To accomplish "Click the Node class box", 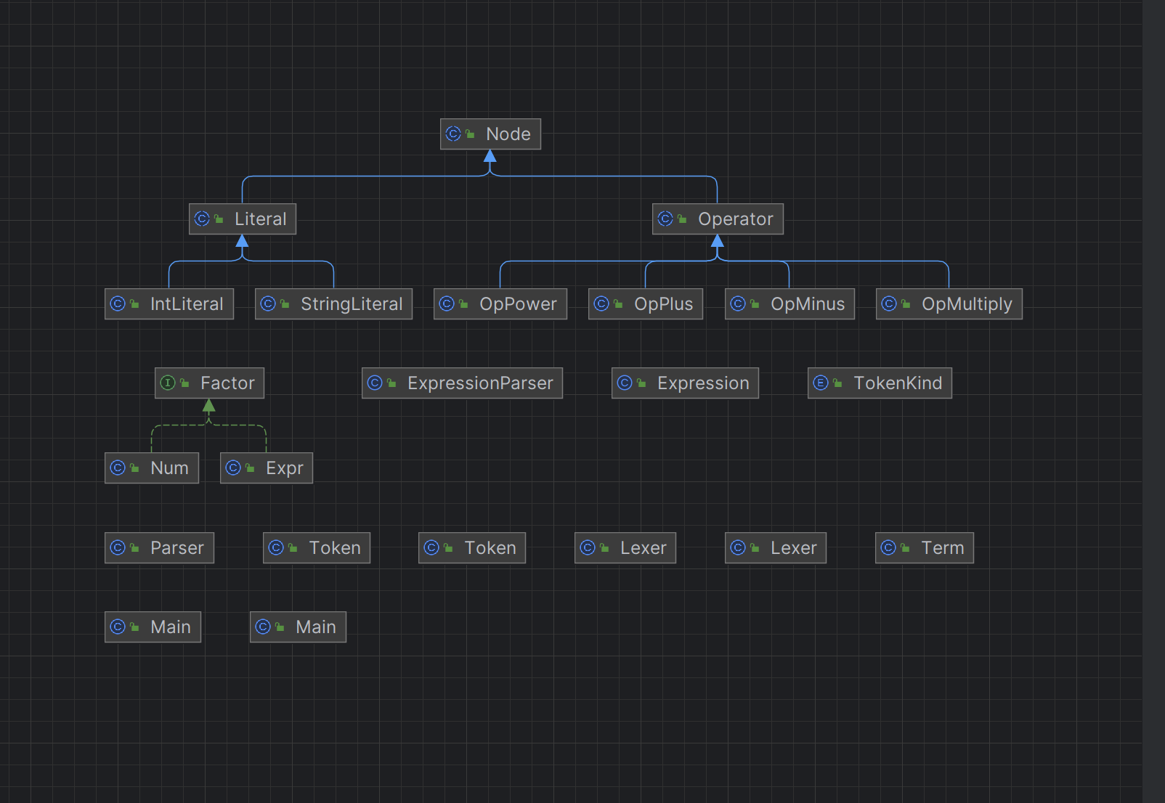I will tap(490, 134).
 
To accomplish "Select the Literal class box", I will tap(243, 219).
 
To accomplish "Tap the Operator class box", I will tap(718, 219).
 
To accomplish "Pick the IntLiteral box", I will tap(169, 304).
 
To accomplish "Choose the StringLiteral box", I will tap(333, 304).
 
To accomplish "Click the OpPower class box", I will tap(500, 304).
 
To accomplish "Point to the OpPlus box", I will tap(646, 304).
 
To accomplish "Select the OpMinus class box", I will tap(789, 304).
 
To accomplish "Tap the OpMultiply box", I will tap(949, 304).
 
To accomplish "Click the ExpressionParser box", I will tap(462, 383).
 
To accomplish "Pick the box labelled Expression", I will tap(685, 383).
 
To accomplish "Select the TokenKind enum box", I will tap(880, 383).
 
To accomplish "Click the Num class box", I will tap(152, 468).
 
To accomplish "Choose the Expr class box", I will tap(267, 468).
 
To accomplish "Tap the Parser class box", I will tap(159, 548).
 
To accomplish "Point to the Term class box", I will tap(924, 548).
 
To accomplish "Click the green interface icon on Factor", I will tap(168, 383).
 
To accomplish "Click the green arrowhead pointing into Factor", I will tap(209, 406).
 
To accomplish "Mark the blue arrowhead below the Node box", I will tap(490, 156).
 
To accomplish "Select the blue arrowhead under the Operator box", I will tap(718, 241).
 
